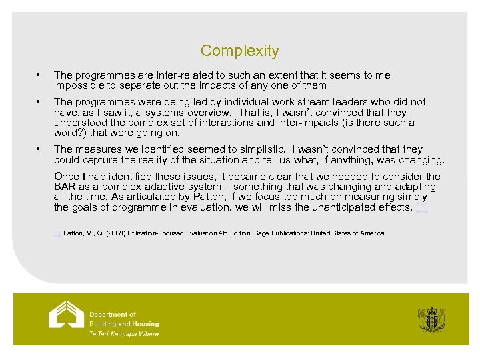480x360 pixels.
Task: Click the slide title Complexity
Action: click(x=239, y=51)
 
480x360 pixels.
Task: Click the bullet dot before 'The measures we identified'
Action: click(x=41, y=149)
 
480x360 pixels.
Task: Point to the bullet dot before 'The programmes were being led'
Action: click(x=41, y=102)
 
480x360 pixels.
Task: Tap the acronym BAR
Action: click(x=65, y=187)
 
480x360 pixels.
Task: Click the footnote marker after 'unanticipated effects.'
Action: click(x=421, y=208)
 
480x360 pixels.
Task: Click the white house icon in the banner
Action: click(x=67, y=315)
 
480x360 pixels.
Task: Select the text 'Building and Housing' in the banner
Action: click(x=124, y=324)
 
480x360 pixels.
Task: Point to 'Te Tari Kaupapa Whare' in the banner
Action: click(x=124, y=333)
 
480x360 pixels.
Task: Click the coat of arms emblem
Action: click(x=431, y=318)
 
